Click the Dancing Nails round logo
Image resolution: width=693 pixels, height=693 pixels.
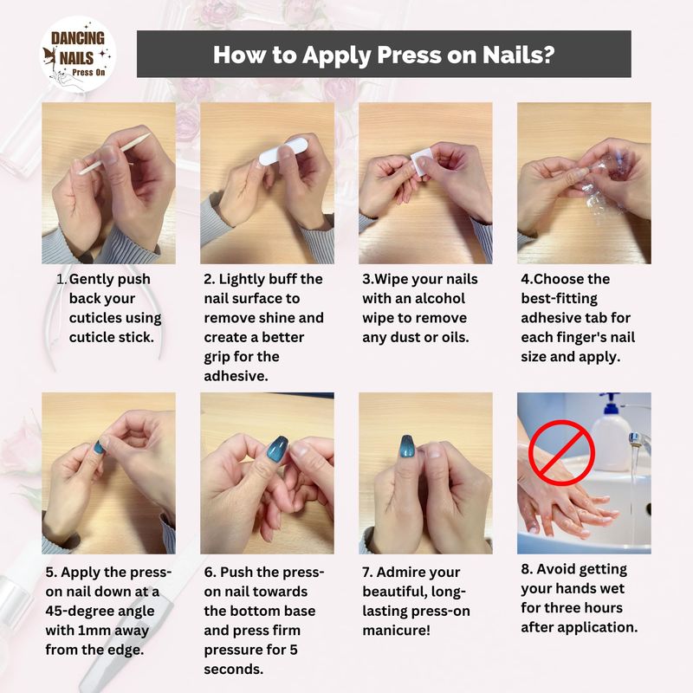[x=78, y=55]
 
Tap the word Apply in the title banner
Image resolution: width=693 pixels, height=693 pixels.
[x=337, y=55]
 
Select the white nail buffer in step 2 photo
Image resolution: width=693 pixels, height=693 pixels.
[x=283, y=151]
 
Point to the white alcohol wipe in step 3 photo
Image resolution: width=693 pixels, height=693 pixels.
[x=421, y=162]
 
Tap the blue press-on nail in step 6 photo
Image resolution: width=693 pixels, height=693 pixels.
[x=276, y=448]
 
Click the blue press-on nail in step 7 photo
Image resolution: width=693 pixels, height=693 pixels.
[x=406, y=446]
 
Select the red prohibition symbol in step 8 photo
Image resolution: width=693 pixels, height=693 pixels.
[x=561, y=452]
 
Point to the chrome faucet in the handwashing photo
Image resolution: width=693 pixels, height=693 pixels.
[x=639, y=441]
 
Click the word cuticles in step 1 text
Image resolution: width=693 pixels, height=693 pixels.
[x=115, y=318]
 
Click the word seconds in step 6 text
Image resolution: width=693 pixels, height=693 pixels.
[x=233, y=669]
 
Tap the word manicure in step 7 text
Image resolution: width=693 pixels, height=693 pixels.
[x=396, y=631]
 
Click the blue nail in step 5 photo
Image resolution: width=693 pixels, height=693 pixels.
[x=99, y=447]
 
